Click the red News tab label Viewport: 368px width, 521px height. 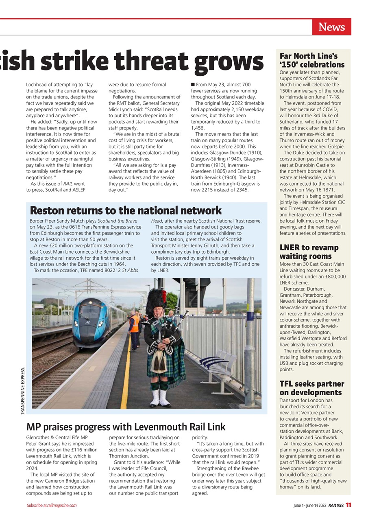(x=331, y=27)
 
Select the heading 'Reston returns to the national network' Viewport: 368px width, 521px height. (x=126, y=210)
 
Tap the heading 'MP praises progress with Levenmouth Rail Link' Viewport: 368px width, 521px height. (x=126, y=427)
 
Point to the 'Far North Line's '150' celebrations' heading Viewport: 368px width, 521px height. (x=312, y=60)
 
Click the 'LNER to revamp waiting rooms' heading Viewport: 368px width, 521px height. (x=309, y=252)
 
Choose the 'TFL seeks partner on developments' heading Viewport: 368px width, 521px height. (x=312, y=388)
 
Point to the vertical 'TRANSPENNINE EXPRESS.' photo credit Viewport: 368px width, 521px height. (x=23, y=391)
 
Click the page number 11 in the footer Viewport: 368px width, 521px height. (x=348, y=505)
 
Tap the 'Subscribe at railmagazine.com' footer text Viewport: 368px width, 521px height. (x=52, y=506)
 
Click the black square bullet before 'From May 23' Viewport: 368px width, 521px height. (x=193, y=85)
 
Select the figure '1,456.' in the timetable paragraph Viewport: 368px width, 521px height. (x=198, y=128)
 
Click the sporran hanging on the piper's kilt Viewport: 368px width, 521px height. (x=158, y=363)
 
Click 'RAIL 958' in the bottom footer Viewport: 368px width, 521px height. (x=335, y=505)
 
